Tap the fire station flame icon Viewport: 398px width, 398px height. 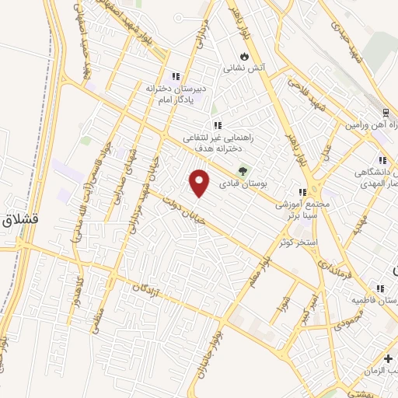coord(245,56)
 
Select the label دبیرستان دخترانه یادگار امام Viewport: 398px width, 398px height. coord(177,94)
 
